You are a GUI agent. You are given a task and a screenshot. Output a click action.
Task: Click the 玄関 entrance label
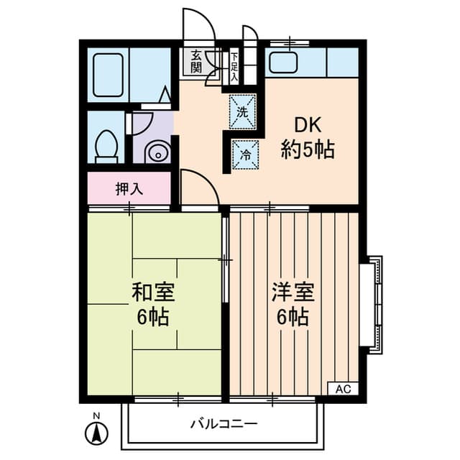point(196,62)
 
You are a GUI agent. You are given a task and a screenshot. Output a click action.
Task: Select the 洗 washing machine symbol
point(242,111)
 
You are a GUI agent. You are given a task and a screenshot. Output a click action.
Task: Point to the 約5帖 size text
point(307,150)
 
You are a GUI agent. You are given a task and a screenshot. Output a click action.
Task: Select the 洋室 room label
point(292,293)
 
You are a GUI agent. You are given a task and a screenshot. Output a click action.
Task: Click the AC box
point(342,389)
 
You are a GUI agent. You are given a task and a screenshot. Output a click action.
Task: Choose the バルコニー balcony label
point(223,423)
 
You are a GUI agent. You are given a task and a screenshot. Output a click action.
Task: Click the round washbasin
point(155,152)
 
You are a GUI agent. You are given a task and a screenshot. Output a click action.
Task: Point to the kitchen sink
point(282,64)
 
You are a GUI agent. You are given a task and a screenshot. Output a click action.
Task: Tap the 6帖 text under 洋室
point(292,316)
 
